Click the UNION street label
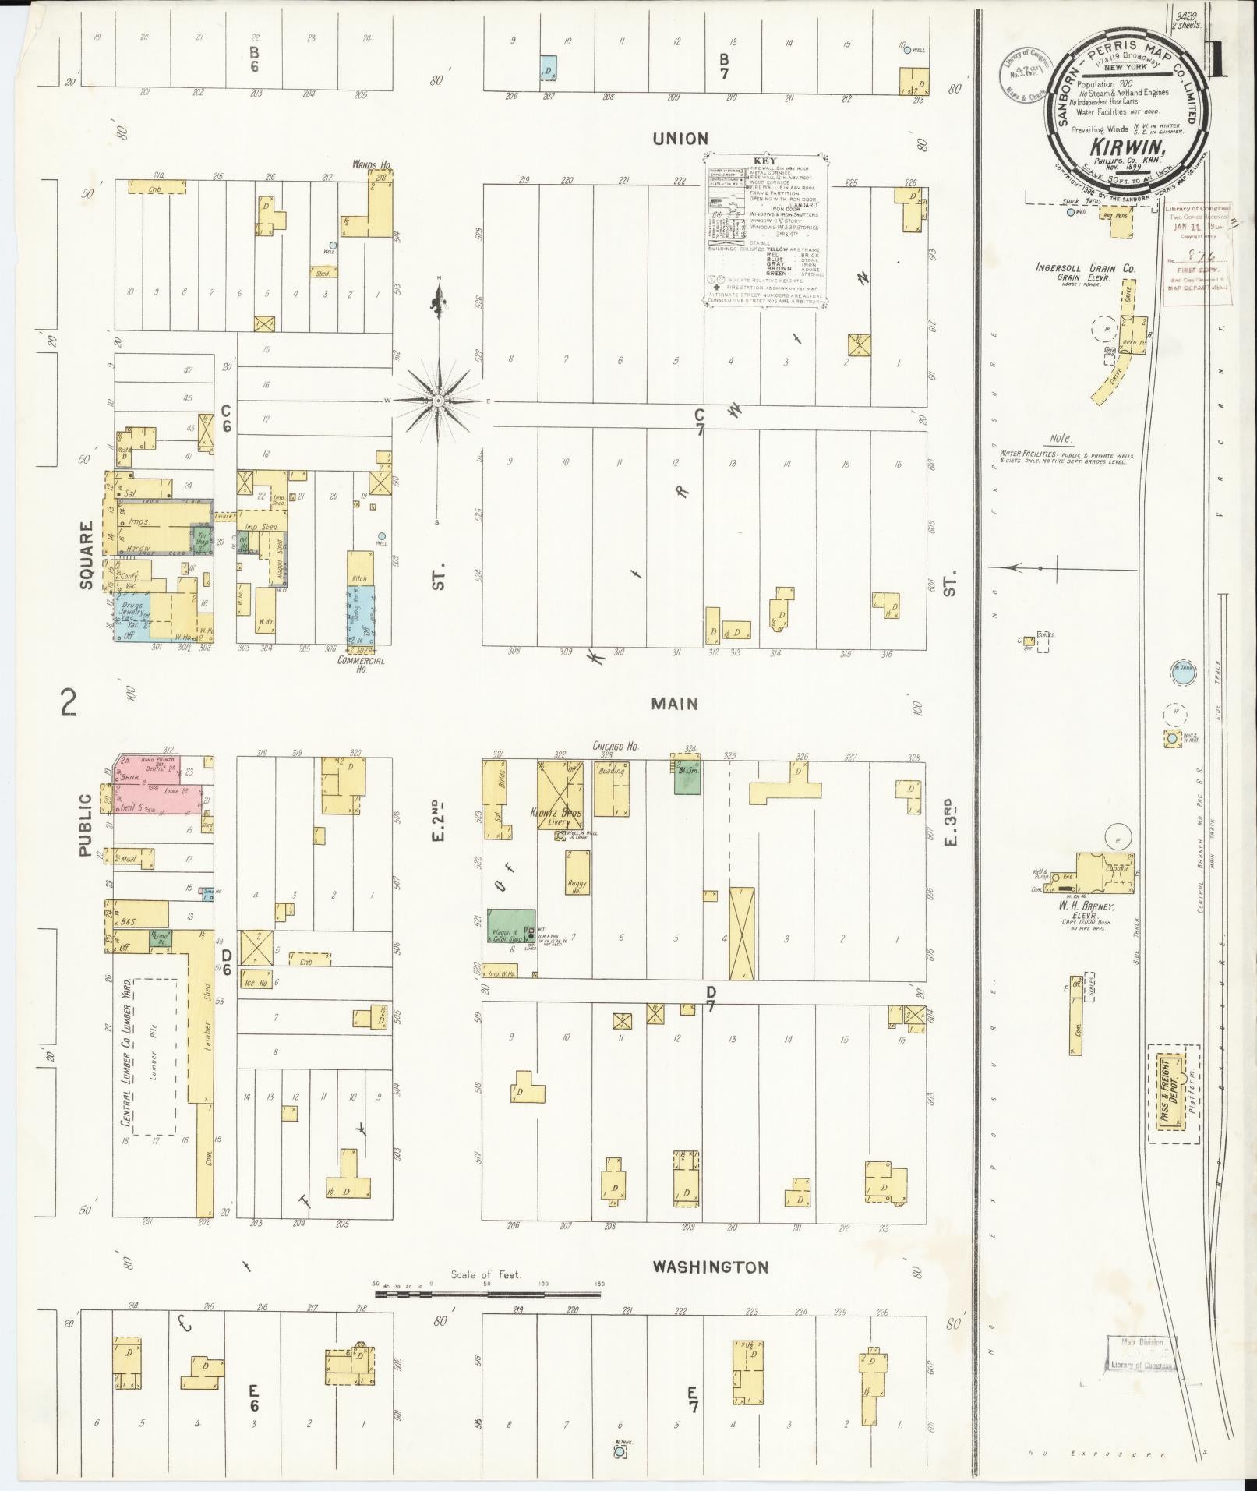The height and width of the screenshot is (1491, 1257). [680, 139]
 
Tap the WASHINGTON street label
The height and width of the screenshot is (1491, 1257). [710, 1267]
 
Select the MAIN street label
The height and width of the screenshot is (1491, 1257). [675, 704]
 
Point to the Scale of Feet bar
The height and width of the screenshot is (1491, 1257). [488, 1295]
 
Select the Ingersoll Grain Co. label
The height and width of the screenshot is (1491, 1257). [1085, 268]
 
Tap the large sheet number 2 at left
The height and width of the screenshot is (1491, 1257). [69, 703]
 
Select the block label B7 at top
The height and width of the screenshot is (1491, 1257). [724, 67]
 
